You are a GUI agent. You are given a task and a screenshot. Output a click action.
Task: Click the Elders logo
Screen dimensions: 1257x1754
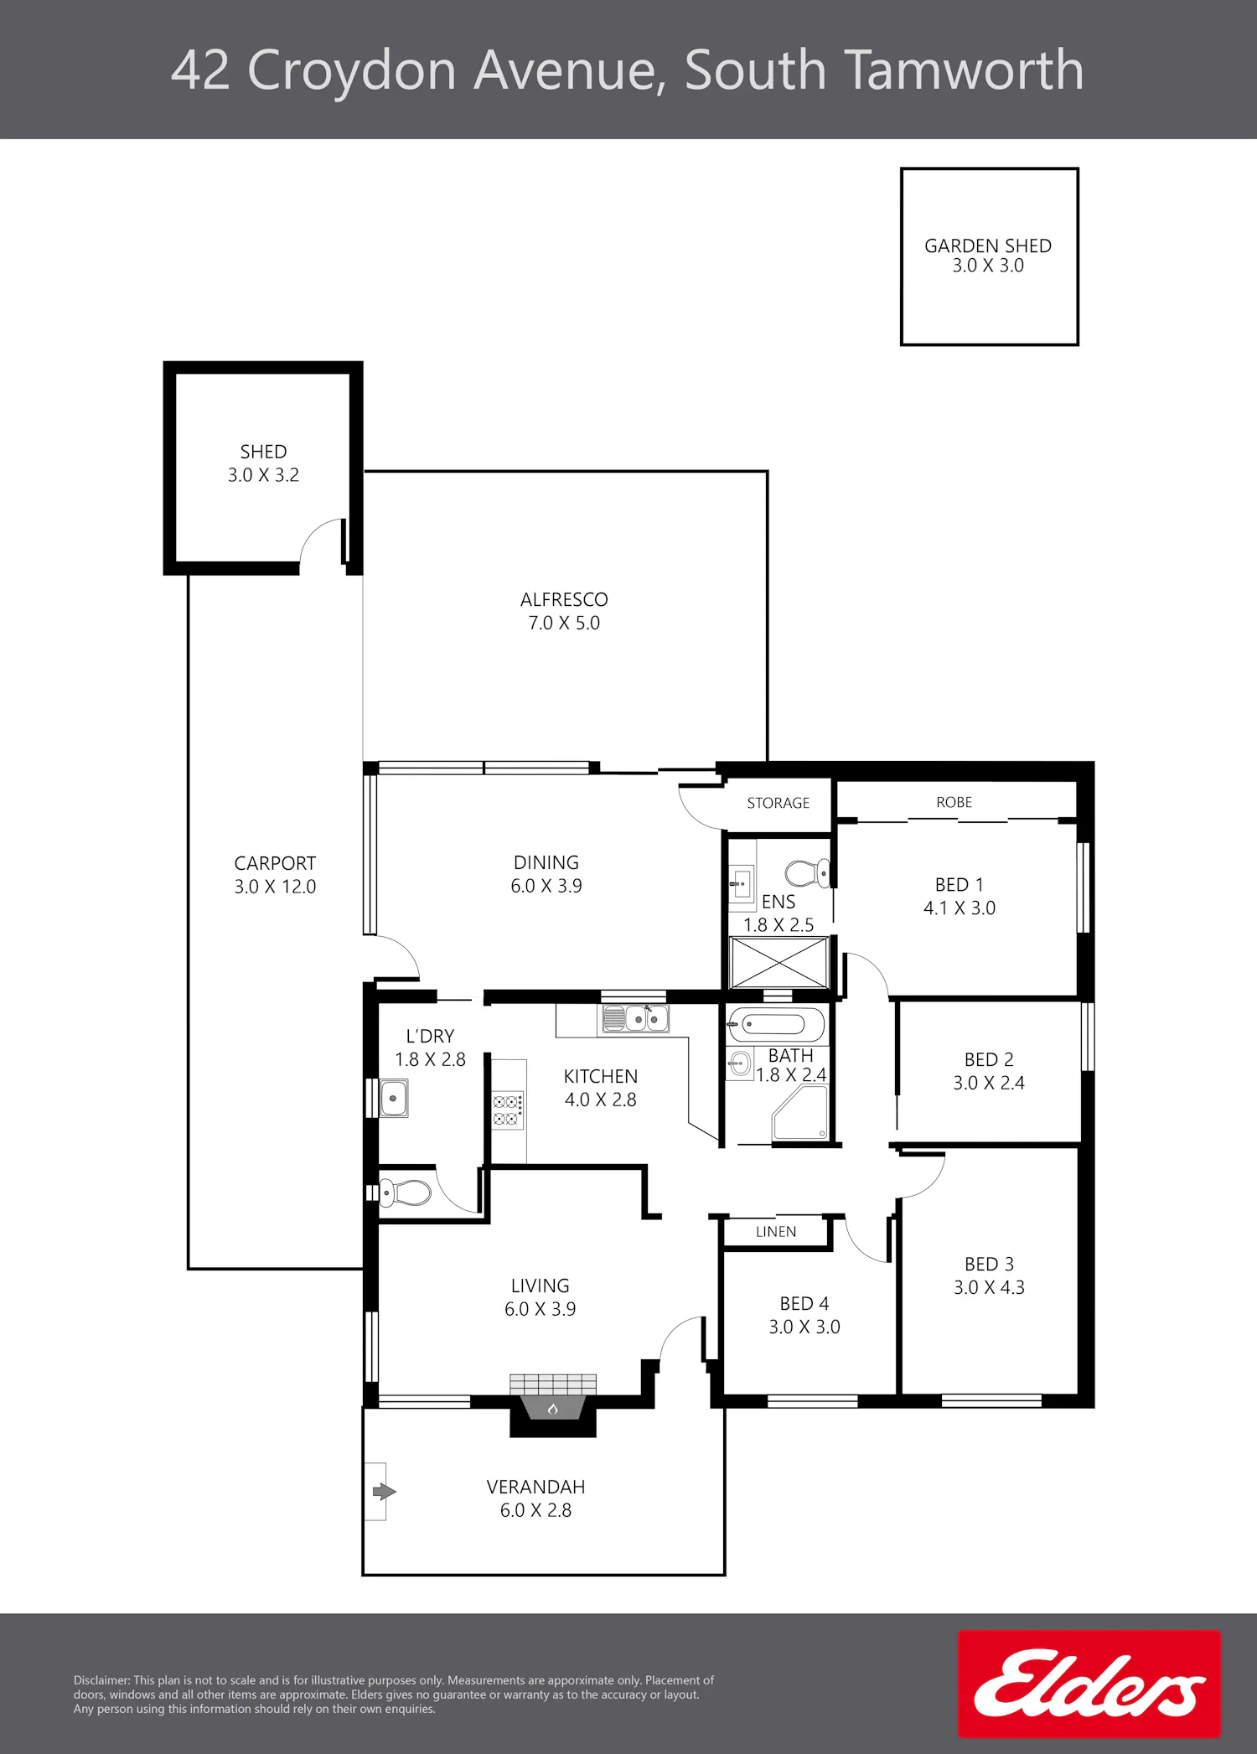(1089, 1683)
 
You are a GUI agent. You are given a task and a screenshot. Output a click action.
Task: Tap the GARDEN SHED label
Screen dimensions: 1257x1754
(988, 246)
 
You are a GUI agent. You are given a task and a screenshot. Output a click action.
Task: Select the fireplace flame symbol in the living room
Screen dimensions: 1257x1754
(553, 1409)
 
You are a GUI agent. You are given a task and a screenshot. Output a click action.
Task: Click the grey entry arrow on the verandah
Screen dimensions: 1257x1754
(384, 1492)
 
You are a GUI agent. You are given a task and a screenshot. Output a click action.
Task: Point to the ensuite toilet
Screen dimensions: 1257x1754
(808, 873)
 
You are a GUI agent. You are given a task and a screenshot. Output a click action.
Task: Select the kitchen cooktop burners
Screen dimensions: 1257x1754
(508, 1110)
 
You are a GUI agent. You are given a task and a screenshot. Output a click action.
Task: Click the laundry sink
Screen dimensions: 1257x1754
(394, 1098)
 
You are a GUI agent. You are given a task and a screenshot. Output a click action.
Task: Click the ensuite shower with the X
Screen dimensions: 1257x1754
(779, 963)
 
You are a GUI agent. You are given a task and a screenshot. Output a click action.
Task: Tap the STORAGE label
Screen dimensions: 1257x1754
(779, 803)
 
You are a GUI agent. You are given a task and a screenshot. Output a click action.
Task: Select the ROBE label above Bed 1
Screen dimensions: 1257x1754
(954, 802)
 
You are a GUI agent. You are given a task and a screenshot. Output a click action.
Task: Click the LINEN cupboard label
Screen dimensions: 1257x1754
(776, 1232)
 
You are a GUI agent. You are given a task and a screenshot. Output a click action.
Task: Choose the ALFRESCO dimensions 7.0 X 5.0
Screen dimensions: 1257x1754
(564, 623)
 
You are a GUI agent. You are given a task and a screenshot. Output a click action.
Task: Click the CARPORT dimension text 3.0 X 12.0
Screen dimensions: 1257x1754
(275, 887)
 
